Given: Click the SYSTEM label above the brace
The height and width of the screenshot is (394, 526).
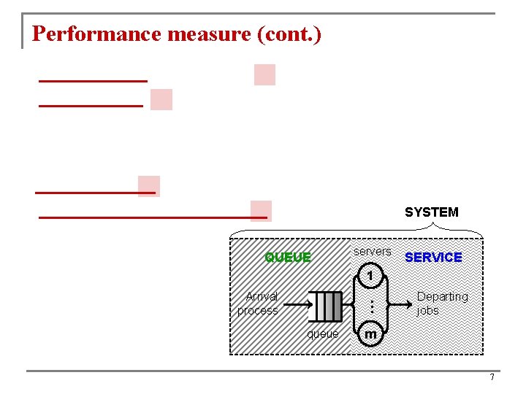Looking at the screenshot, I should point(431,212).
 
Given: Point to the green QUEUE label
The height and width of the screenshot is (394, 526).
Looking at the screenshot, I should point(288,258).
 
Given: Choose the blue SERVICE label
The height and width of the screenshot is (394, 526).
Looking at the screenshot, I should point(433,258).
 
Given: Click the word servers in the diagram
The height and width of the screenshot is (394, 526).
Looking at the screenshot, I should point(372,252).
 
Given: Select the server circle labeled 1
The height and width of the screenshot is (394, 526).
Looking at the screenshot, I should point(370,277).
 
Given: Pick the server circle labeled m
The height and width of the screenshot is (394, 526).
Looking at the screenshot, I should point(370,334).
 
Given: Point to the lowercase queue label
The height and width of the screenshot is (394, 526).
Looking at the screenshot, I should point(322,334).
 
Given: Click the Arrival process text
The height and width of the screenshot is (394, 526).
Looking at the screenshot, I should point(259,304).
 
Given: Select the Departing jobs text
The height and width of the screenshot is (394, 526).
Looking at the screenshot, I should point(442,304).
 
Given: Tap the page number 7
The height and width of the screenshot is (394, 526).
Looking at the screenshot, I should point(492,377).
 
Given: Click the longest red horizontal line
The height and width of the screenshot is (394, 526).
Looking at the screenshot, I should point(146,217).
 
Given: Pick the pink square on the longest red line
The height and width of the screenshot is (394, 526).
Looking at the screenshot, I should point(261,211).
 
